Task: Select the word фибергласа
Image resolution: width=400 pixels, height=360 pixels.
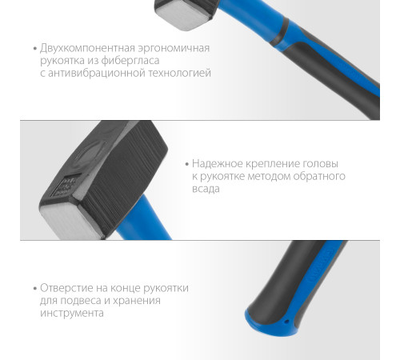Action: pos(130,61)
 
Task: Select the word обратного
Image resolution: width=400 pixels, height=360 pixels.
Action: pos(319,177)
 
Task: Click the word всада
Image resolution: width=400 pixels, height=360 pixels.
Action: pos(206,189)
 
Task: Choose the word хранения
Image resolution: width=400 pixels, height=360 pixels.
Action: pos(136,301)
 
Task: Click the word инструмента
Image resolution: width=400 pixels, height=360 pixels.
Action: pos(72,314)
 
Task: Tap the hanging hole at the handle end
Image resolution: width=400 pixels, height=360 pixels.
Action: pos(286,322)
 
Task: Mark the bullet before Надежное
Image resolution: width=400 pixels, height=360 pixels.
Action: pos(187,164)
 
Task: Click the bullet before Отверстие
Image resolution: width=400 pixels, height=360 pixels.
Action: pos(35,288)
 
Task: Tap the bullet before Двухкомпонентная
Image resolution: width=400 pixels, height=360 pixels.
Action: pos(35,49)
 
